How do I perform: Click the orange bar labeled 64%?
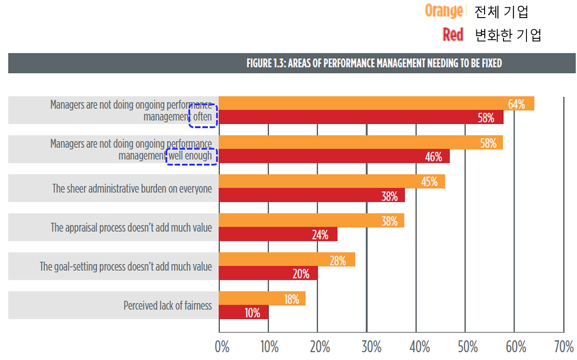click(x=376, y=104)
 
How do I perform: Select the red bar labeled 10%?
click(x=244, y=313)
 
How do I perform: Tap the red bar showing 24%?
click(x=278, y=235)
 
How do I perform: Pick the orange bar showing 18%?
click(x=262, y=299)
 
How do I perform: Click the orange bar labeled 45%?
click(x=332, y=181)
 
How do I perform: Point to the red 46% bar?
click(x=334, y=157)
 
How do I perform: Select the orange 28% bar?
click(x=287, y=260)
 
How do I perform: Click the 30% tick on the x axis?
click(x=371, y=347)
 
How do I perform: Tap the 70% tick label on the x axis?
click(x=564, y=347)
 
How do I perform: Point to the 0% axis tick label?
click(x=222, y=347)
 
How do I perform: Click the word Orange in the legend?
click(x=444, y=11)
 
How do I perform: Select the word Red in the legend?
click(x=453, y=35)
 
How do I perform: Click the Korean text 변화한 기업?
click(x=508, y=35)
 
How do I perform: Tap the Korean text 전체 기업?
click(x=501, y=12)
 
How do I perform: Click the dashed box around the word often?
click(x=203, y=116)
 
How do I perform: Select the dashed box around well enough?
click(x=192, y=156)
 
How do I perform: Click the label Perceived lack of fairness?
click(x=167, y=306)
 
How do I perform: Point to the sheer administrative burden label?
click(x=132, y=189)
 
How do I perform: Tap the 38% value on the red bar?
click(x=389, y=196)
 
